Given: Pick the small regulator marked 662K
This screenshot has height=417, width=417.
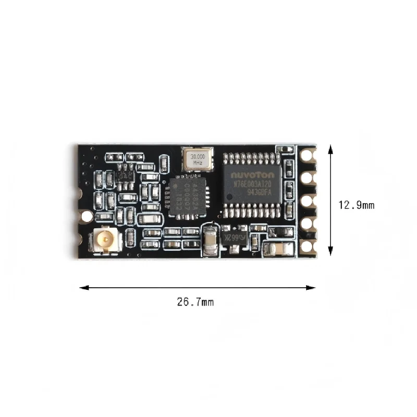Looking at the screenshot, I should (231, 238).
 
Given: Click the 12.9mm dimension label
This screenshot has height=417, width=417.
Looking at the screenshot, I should (357, 205).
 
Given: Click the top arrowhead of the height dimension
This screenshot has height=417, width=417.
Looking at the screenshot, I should (330, 149).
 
